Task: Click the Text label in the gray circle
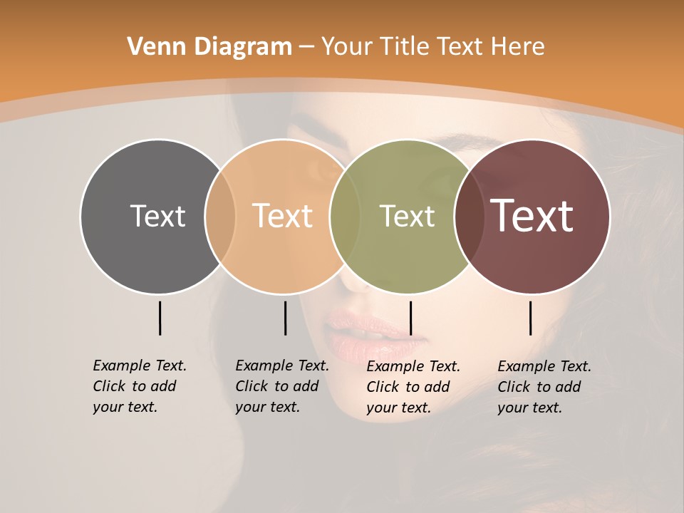pyautogui.click(x=157, y=216)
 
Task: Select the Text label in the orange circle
pyautogui.click(x=282, y=216)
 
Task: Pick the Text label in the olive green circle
pyautogui.click(x=407, y=216)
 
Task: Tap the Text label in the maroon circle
pyautogui.click(x=532, y=216)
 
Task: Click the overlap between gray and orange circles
pyautogui.click(x=220, y=217)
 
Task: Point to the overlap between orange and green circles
pyautogui.click(x=345, y=217)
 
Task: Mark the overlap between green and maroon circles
pyautogui.click(x=470, y=217)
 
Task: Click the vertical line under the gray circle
pyautogui.click(x=160, y=318)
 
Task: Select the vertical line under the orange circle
pyautogui.click(x=285, y=318)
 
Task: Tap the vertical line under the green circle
pyautogui.click(x=410, y=318)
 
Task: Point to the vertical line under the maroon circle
pyautogui.click(x=530, y=318)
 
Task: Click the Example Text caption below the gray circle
pyautogui.click(x=139, y=386)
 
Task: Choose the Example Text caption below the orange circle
pyautogui.click(x=281, y=386)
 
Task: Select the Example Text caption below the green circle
pyautogui.click(x=413, y=387)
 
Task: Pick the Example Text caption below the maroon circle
pyautogui.click(x=544, y=387)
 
